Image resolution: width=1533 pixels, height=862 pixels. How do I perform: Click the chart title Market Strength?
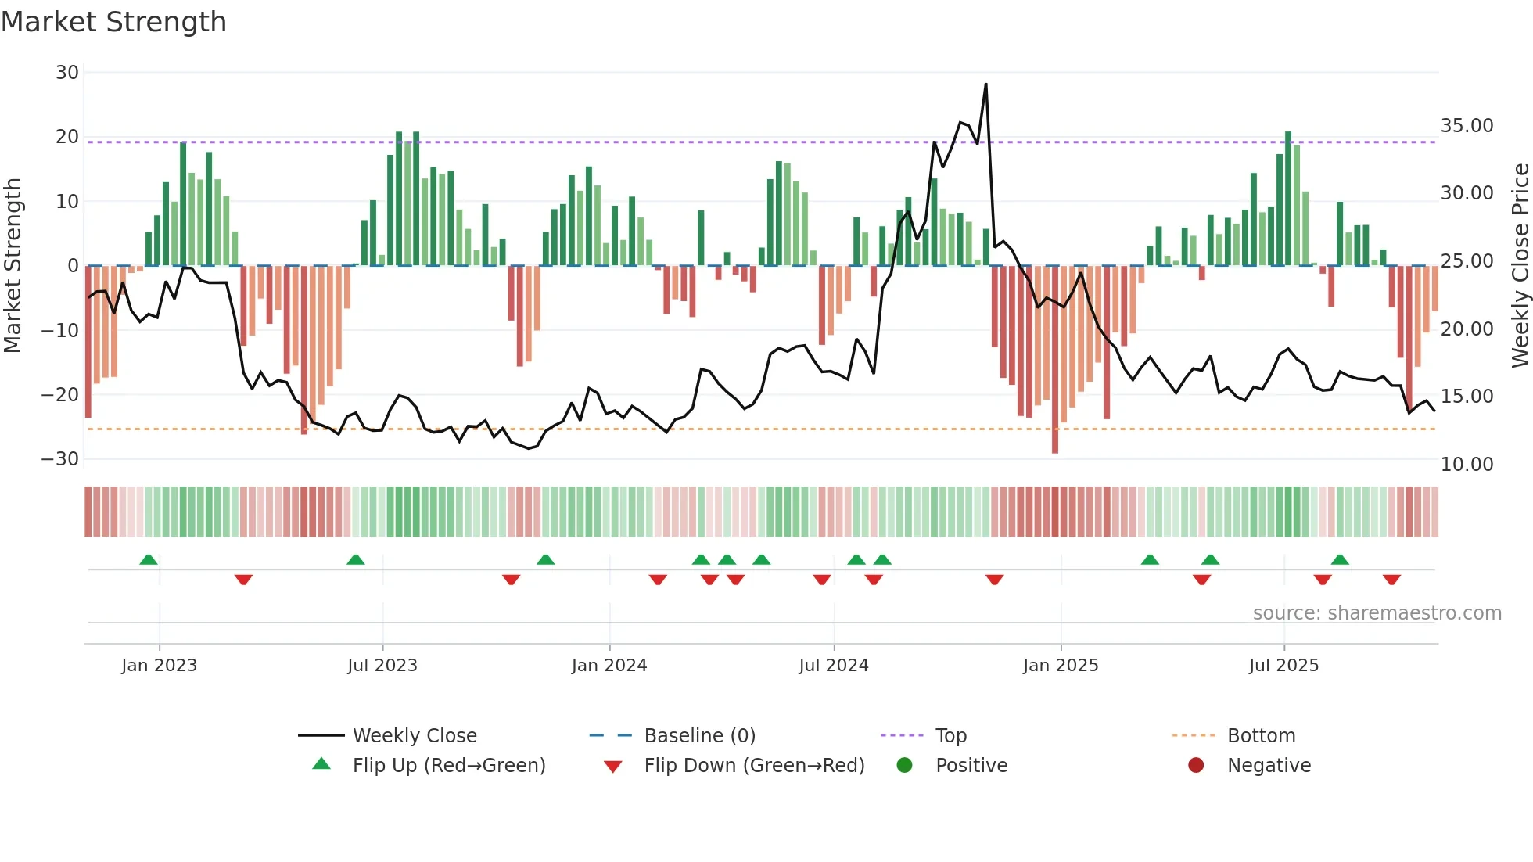(x=113, y=22)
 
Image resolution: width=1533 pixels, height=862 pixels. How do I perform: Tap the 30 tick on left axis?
(x=67, y=73)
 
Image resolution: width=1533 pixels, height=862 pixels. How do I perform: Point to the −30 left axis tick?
(x=60, y=459)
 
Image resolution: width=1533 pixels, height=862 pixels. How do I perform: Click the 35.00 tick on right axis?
(x=1467, y=126)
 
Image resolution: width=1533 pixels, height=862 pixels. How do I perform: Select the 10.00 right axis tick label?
(x=1467, y=465)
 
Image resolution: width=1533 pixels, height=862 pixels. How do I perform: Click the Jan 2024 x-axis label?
(x=609, y=666)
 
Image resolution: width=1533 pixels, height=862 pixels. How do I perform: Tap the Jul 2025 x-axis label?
(x=1283, y=666)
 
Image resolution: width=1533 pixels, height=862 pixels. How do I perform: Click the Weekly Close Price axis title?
(x=1520, y=266)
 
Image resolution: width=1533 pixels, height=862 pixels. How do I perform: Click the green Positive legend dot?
(x=905, y=766)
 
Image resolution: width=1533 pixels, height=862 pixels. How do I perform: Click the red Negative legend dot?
(x=1196, y=766)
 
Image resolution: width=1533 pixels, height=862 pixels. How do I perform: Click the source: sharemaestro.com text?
(x=1377, y=613)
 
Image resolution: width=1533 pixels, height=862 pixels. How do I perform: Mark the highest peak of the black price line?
(x=985, y=84)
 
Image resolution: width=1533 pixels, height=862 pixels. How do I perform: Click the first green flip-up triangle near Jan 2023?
(x=149, y=559)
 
